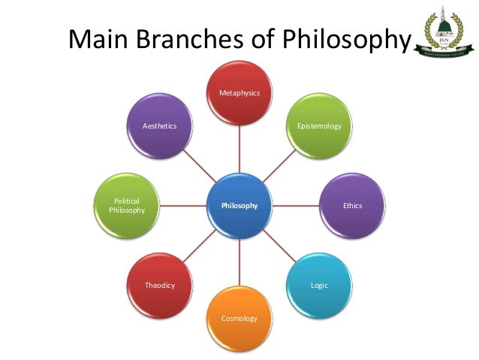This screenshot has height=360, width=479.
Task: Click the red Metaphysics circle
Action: pos(239,93)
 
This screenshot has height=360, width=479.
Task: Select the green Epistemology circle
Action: pos(319,126)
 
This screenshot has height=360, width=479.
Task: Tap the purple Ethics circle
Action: pos(352,204)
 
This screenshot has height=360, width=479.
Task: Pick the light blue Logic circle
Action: pos(319,284)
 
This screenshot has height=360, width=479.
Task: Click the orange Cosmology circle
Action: pos(239,318)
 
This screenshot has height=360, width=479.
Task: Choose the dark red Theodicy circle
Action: pos(160,284)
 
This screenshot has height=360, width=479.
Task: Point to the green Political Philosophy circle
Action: pos(126,205)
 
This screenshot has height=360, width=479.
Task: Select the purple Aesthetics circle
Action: pos(160,126)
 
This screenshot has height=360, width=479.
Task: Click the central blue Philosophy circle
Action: pos(239,204)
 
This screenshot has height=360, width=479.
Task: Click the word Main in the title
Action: pos(99,39)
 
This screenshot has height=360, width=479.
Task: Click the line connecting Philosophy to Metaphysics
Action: pos(239,149)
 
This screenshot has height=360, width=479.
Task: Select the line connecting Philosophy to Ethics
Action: pos(296,204)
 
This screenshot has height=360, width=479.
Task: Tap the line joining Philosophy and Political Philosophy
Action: pos(183,204)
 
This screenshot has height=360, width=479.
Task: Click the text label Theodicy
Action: pos(160,286)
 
